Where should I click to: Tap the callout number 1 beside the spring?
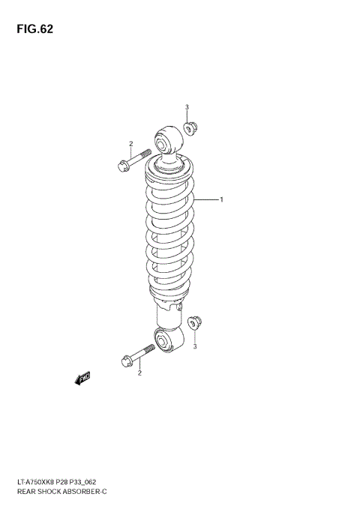[222, 199]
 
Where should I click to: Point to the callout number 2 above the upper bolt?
[130, 144]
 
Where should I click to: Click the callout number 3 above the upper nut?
[187, 107]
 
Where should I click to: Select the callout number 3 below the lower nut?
[195, 346]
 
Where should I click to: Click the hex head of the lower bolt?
[125, 361]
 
